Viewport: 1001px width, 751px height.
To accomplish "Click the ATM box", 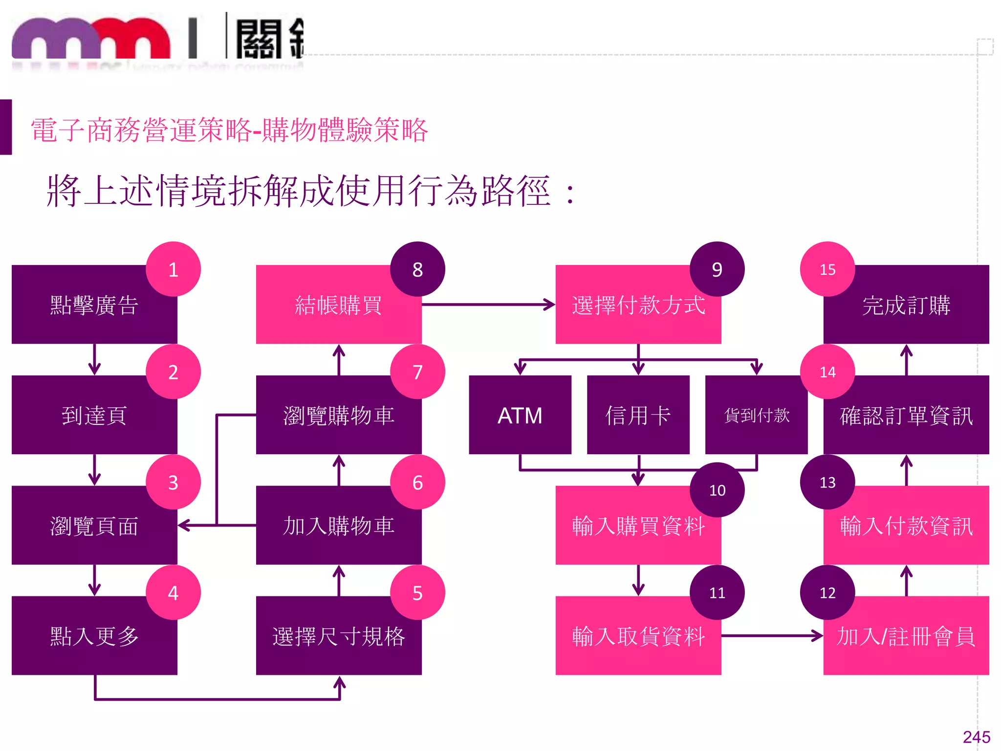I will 520,415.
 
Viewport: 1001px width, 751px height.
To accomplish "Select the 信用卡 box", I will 638,415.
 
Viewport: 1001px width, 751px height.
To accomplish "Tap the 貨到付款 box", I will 756,415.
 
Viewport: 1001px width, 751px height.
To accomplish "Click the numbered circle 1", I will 173,269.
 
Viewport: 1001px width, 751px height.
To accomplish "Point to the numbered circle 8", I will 417,269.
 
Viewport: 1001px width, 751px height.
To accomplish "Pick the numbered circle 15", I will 827,269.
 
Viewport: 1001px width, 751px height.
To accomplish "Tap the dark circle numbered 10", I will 717,490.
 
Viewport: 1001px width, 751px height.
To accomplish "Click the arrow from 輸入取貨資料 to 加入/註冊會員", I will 772,636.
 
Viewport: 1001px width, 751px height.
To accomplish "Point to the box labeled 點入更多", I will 94,636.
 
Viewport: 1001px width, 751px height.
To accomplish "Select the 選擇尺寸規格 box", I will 339,636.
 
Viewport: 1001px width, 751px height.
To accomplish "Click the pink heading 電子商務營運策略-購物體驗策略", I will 229,130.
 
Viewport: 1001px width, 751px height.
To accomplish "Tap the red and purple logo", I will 91,39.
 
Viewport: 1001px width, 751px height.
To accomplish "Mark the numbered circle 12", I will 827,593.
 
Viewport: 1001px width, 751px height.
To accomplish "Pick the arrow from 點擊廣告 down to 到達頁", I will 94,359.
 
